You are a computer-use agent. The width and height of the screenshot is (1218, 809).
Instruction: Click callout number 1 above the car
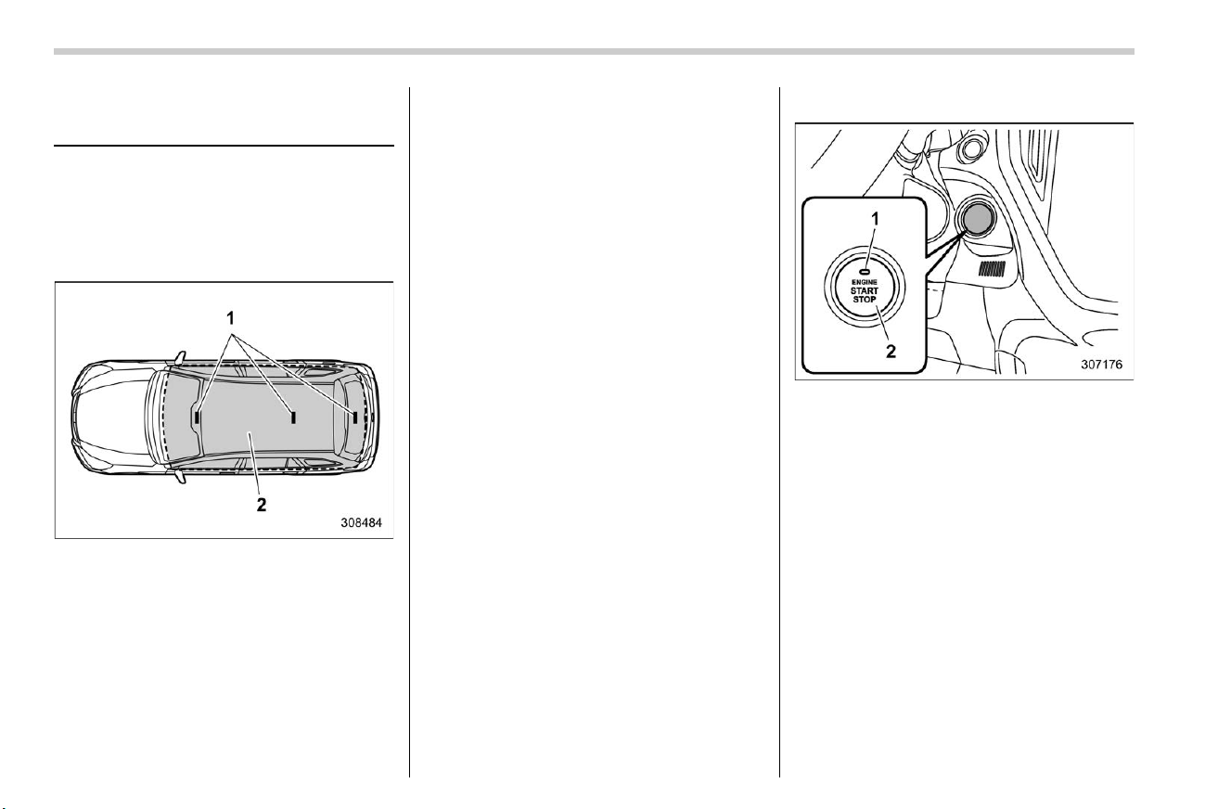[x=231, y=317]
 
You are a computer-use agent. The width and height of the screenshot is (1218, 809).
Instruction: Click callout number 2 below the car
[x=262, y=505]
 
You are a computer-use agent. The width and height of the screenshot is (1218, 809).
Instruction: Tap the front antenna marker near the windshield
[x=198, y=417]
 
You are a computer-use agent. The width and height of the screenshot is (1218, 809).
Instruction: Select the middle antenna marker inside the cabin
[x=293, y=417]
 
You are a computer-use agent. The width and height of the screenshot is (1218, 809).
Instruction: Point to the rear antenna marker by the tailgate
[x=355, y=417]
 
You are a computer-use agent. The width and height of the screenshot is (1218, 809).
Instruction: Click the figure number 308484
[x=362, y=523]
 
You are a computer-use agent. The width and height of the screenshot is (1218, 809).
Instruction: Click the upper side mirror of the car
[x=180, y=357]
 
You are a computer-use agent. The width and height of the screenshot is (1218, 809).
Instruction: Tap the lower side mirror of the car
[x=180, y=477]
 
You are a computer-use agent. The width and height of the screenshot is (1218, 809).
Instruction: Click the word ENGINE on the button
[x=864, y=282]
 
